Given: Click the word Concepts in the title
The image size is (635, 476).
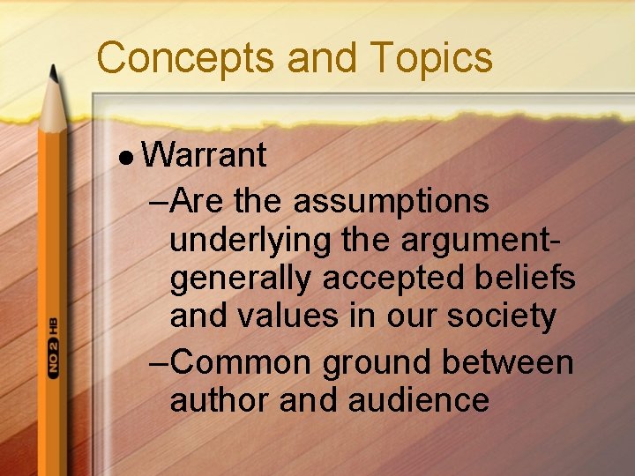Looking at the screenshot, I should tap(186, 58).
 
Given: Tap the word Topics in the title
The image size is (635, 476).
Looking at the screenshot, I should tap(431, 58).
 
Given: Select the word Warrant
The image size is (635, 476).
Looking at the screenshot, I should tap(204, 156).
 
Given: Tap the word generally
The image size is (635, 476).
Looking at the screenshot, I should tap(242, 279).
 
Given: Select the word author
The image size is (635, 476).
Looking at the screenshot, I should tap(220, 400).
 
